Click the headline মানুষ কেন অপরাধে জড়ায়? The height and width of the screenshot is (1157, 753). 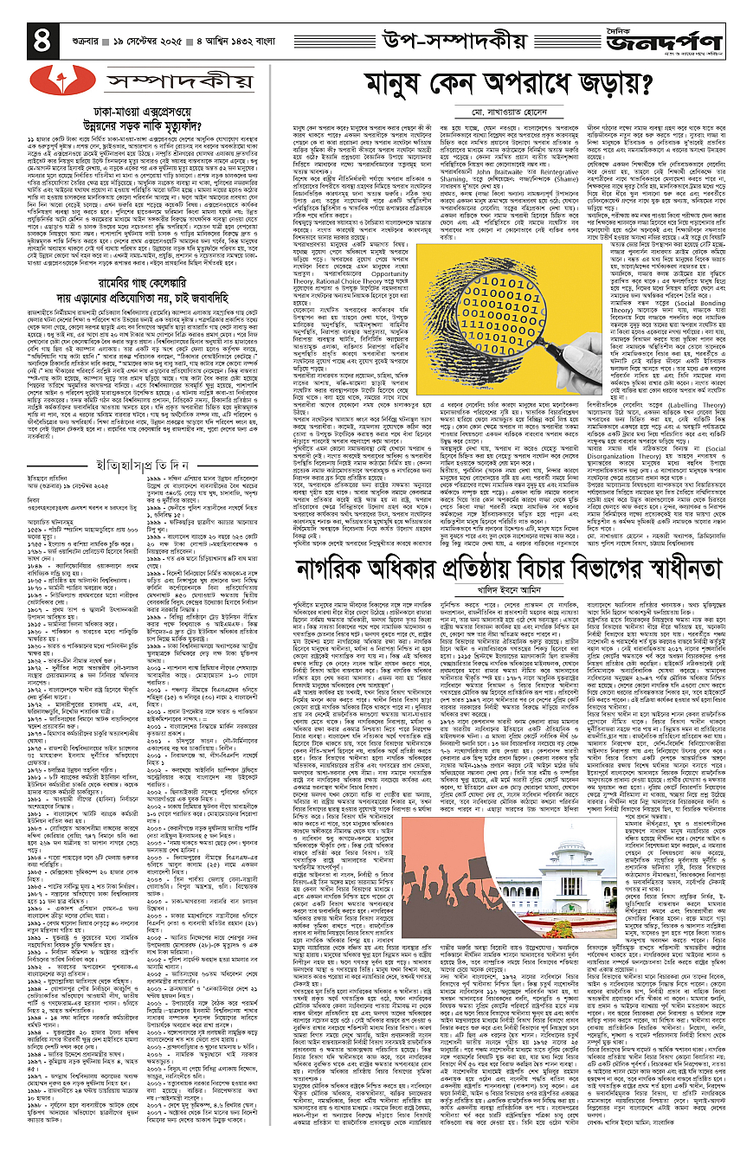pos(512,86)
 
